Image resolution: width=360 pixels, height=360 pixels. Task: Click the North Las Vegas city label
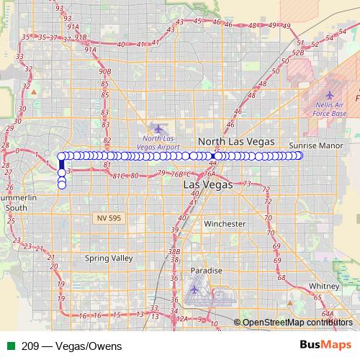pos(231,141)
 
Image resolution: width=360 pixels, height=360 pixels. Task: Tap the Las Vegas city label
pos(208,184)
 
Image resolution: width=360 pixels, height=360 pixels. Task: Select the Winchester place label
pos(225,224)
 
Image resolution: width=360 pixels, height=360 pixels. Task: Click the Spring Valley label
pos(109,258)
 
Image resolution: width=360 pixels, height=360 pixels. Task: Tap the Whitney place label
pos(319,286)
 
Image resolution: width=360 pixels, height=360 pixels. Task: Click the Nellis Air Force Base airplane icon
pos(330,94)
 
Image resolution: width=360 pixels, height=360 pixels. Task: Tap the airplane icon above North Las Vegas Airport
pos(158,129)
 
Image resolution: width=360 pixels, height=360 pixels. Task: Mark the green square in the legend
pos(9,346)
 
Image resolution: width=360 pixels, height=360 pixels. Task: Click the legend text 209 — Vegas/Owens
pos(61,346)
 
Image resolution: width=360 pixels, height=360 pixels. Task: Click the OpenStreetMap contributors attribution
pos(294,322)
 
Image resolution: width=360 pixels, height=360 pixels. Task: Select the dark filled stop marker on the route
pos(215,156)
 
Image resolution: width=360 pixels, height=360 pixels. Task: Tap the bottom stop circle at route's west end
pos(62,185)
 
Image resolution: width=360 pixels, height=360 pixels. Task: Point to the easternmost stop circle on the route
pos(300,156)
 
